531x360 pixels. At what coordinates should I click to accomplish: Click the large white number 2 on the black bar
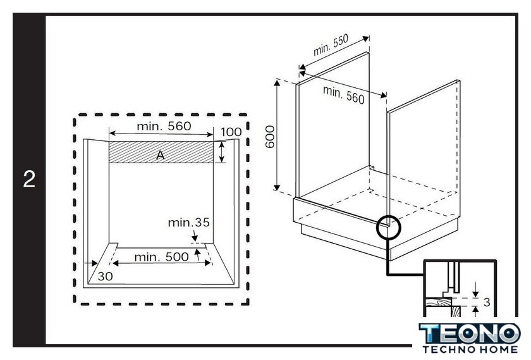(x=29, y=179)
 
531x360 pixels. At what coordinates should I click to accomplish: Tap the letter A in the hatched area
(x=160, y=155)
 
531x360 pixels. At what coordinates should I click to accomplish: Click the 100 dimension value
(x=231, y=132)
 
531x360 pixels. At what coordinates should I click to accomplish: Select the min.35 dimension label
(x=188, y=222)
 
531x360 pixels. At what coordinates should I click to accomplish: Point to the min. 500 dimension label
(x=161, y=257)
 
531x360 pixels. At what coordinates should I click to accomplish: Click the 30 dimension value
(x=105, y=276)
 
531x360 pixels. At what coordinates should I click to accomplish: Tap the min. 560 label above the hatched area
(x=164, y=126)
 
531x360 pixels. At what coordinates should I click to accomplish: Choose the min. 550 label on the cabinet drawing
(x=331, y=46)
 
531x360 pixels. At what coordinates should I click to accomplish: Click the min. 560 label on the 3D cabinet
(x=344, y=94)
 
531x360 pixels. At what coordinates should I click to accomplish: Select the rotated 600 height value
(x=270, y=137)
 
